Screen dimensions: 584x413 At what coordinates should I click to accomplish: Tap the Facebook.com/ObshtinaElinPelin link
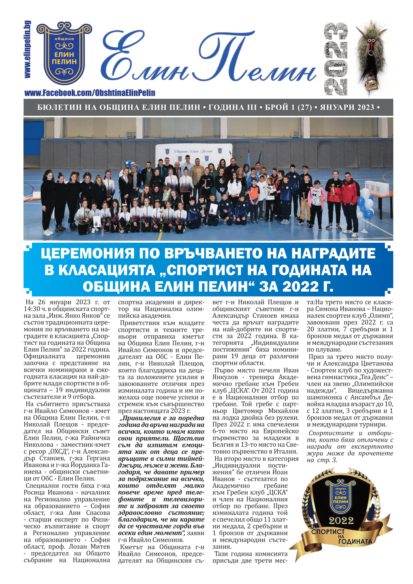point(90,93)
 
